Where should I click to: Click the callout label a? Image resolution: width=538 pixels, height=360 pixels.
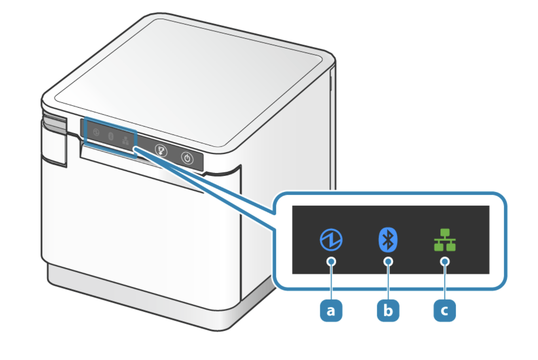coord(331,310)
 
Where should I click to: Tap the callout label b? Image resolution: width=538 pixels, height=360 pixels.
coord(388,310)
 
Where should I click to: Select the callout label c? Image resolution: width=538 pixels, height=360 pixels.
coord(445,310)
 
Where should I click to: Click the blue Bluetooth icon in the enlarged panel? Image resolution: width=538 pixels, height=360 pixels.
coord(388,240)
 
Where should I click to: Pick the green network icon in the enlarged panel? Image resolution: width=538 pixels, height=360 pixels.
coord(445,240)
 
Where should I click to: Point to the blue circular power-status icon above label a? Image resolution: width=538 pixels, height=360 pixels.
coord(331,240)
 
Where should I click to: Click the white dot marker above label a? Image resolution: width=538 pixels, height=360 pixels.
coord(331,261)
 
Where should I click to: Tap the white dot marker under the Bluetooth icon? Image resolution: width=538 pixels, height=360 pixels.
coord(388,261)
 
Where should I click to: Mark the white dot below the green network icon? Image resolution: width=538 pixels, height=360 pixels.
coord(445,261)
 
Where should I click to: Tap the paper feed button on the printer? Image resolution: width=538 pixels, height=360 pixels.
coord(161,150)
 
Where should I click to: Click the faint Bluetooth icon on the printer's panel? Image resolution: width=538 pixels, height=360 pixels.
coord(111,136)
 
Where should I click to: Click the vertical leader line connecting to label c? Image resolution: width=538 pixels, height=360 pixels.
coord(445,283)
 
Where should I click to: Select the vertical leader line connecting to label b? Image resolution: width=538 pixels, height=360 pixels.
coord(388,283)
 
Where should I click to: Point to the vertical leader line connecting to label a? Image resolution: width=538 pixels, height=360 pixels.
coord(331,283)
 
